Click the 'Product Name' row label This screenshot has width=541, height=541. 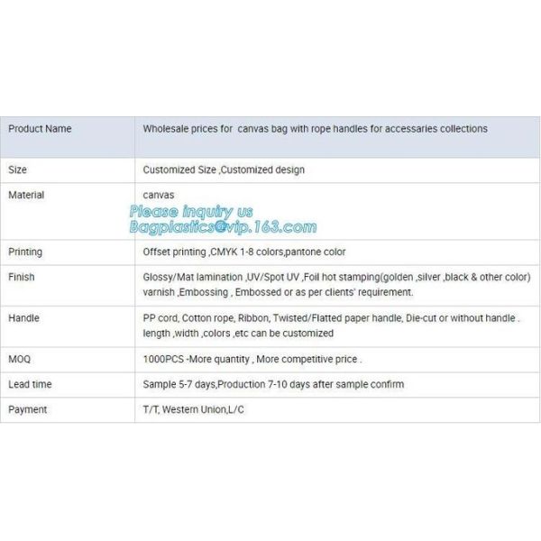(40, 129)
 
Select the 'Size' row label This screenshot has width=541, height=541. (18, 170)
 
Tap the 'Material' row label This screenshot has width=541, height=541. (26, 195)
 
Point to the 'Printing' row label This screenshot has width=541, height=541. (25, 252)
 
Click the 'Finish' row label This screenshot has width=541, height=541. (22, 277)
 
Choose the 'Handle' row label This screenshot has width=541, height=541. (24, 318)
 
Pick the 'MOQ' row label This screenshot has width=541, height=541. (20, 359)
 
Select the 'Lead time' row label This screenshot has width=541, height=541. (30, 384)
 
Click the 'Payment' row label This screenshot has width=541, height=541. (27, 409)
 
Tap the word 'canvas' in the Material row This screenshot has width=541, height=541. (159, 195)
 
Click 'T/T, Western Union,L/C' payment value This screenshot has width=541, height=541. (193, 409)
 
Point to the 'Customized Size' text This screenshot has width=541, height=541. (179, 170)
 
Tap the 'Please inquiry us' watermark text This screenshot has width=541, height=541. (191, 211)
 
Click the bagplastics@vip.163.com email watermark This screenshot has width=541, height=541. (223, 227)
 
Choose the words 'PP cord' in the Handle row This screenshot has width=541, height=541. (160, 318)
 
